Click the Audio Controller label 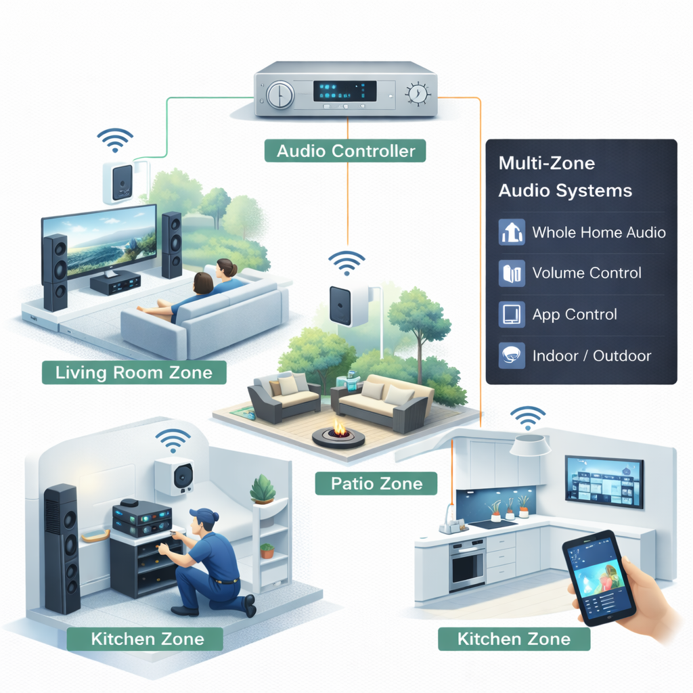click(x=345, y=150)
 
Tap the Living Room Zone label click(x=134, y=372)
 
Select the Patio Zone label click(x=377, y=483)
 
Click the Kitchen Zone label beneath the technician click(x=147, y=638)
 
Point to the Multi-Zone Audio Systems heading click(x=565, y=177)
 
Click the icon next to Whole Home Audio click(x=512, y=232)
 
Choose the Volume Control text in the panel click(x=587, y=273)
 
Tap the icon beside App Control click(x=512, y=315)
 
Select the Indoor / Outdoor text click(x=591, y=356)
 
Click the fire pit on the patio click(x=338, y=433)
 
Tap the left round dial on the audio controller click(x=278, y=95)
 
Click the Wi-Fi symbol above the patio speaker click(x=346, y=263)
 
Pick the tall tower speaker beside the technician click(x=62, y=548)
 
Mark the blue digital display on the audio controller click(x=344, y=91)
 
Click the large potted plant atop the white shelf click(x=263, y=489)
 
